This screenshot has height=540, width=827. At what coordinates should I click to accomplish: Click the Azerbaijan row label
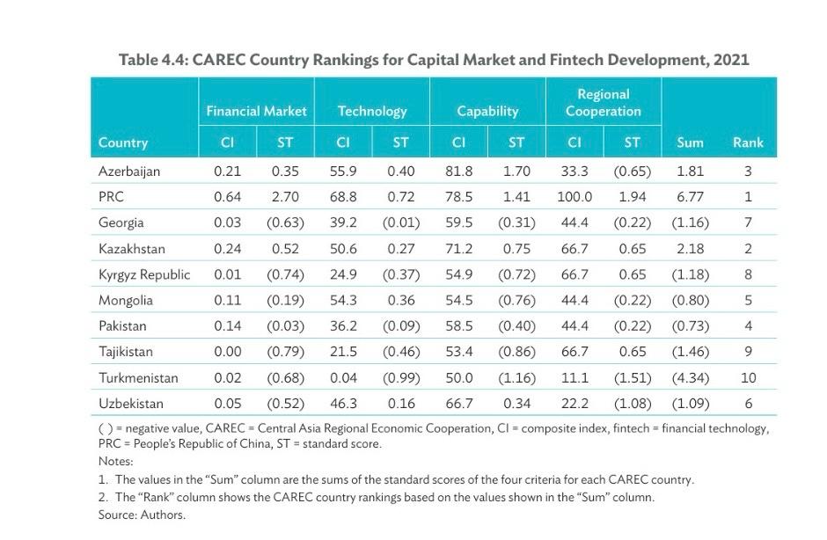129,171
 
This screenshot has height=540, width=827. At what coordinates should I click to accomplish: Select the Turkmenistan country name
138,378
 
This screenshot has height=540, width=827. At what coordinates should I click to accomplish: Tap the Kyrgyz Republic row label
144,274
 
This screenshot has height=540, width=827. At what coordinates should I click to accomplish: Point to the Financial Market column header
256,111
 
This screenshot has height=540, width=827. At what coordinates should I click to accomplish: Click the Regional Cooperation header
603,102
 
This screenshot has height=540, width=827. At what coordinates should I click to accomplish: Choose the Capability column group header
487,111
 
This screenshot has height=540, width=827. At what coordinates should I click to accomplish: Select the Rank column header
748,142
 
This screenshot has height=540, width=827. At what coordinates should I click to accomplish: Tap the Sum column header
690,142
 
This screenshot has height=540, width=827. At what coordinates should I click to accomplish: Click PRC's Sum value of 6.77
690,197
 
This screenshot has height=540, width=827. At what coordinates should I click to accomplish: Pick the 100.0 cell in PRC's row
575,197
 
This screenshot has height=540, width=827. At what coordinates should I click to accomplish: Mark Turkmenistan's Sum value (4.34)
690,378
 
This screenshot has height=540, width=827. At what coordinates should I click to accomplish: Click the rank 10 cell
748,378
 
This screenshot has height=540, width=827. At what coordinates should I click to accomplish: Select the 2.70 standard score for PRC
285,197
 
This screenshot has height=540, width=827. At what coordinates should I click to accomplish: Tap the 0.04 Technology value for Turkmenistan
343,378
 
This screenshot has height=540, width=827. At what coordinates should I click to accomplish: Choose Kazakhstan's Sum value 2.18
690,249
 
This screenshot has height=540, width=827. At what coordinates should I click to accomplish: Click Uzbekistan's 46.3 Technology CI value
343,404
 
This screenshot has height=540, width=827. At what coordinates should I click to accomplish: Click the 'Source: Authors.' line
142,514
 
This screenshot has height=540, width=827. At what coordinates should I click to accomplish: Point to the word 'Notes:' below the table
115,462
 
